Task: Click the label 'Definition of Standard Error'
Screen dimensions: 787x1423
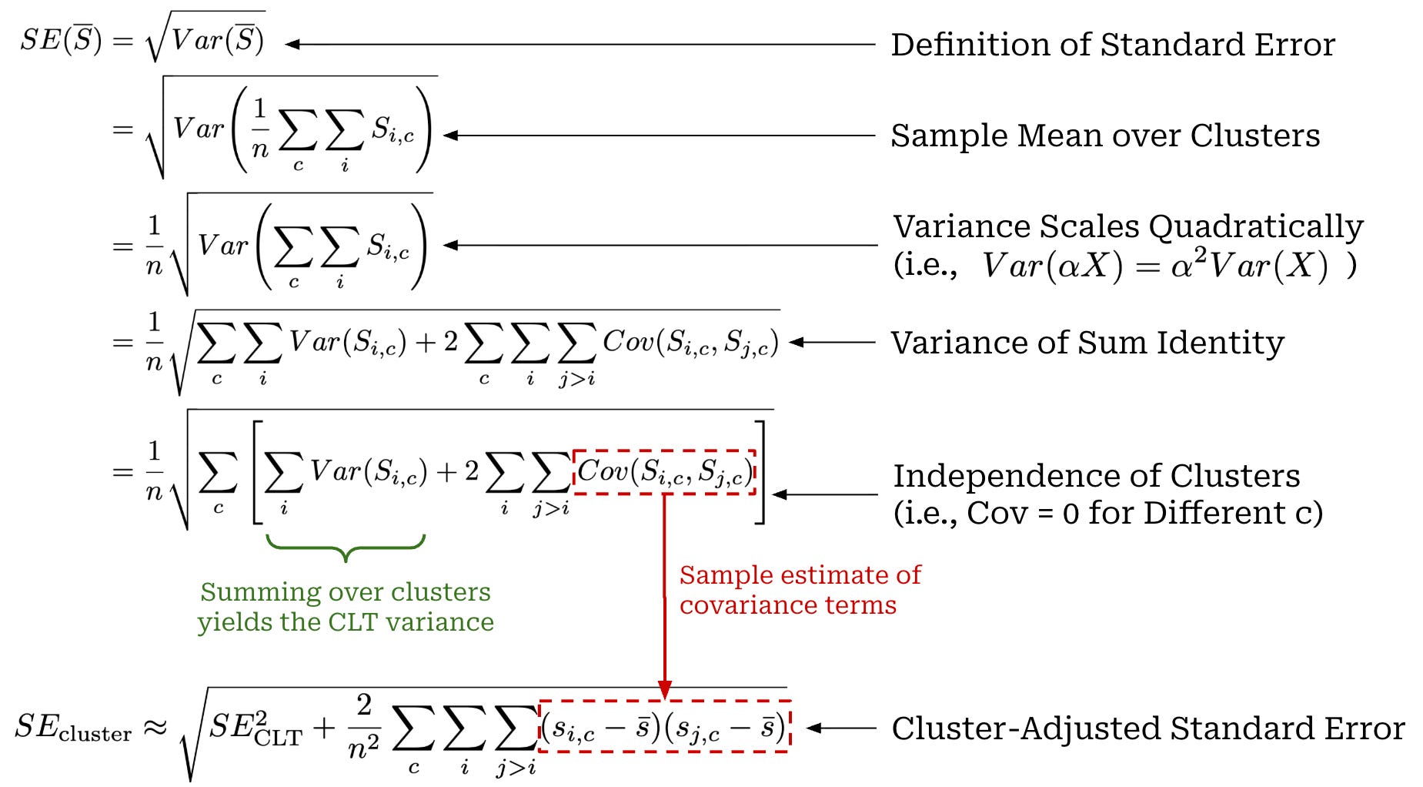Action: pyautogui.click(x=1112, y=45)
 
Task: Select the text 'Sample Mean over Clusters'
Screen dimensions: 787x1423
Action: pyautogui.click(x=1105, y=136)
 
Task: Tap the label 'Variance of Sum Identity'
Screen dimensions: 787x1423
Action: pyautogui.click(x=1087, y=343)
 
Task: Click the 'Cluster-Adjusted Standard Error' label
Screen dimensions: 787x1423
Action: pyautogui.click(x=1147, y=728)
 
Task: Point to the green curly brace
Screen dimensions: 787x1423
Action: pyautogui.click(x=346, y=548)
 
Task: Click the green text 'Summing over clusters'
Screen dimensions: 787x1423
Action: pyautogui.click(x=346, y=591)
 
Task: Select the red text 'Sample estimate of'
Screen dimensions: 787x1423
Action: pyautogui.click(x=800, y=574)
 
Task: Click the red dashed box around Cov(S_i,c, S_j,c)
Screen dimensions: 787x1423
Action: pyautogui.click(x=664, y=472)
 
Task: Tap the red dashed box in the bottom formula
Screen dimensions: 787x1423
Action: pyautogui.click(x=664, y=726)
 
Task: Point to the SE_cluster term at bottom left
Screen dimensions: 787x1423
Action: pyautogui.click(x=73, y=728)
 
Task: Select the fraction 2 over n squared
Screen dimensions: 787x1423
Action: pyautogui.click(x=364, y=727)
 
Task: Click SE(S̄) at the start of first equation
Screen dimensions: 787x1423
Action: pyautogui.click(x=61, y=40)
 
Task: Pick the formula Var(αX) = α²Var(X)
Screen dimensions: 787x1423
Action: pyautogui.click(x=1154, y=266)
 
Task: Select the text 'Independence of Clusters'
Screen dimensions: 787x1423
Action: pyautogui.click(x=1096, y=476)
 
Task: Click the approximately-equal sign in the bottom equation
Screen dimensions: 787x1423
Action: pyautogui.click(x=156, y=728)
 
